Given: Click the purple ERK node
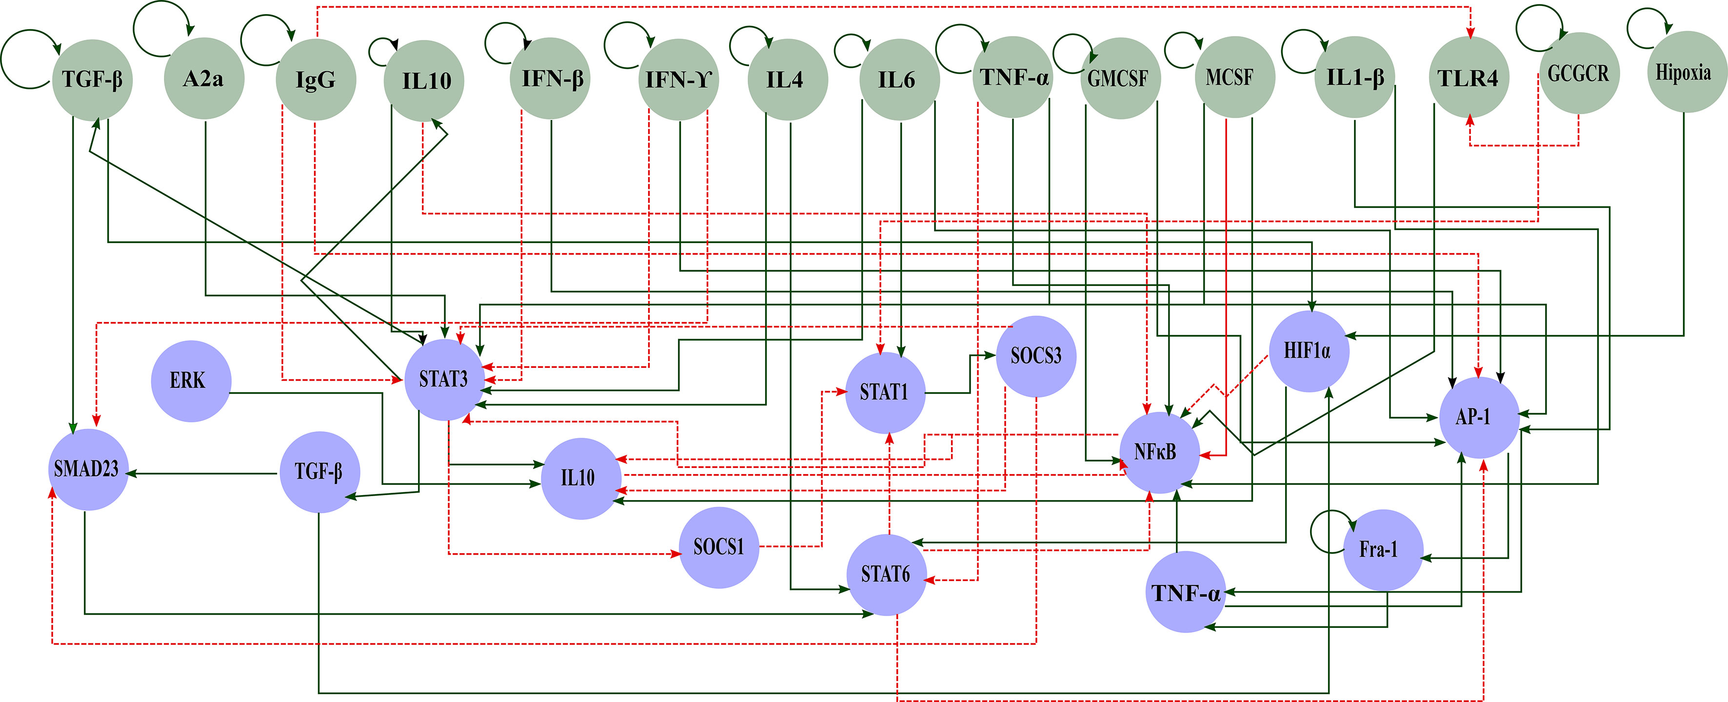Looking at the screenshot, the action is coord(191,381).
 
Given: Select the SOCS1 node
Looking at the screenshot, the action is coord(719,548).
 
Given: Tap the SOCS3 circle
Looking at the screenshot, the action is coord(1036,357).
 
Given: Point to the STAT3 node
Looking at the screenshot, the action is coord(445,380).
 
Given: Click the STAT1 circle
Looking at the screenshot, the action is coord(886,393).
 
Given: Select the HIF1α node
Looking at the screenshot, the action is coord(1309,352).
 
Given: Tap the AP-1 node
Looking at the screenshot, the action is coord(1480,418).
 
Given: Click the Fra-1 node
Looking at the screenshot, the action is coord(1383,550).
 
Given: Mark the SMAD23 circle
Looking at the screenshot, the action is coord(88,470).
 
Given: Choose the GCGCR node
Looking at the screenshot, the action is coord(1578,73).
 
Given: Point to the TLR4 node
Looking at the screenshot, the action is coord(1469,78).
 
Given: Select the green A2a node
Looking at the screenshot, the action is coord(204,79).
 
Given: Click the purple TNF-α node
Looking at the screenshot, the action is coord(1185,592).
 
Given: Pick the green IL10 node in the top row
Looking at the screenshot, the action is coord(424,80).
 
